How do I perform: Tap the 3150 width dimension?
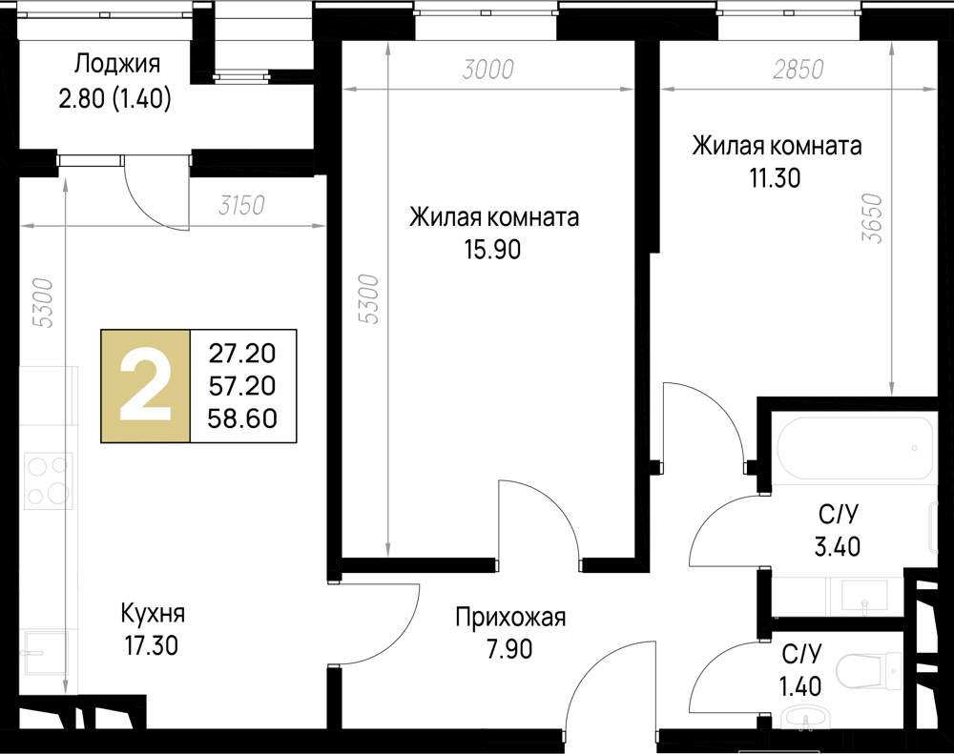(241, 206)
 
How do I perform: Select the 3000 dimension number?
(487, 70)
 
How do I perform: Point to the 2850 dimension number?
(798, 70)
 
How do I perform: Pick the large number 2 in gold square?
(145, 386)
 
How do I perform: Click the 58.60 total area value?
(242, 418)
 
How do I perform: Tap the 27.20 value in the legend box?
(242, 353)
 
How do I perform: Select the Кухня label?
(153, 613)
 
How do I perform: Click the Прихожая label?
(510, 618)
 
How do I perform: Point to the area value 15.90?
(493, 250)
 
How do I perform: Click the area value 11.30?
(775, 178)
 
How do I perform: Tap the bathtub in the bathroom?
(855, 448)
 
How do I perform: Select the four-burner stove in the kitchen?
(48, 480)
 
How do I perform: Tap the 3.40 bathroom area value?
(838, 546)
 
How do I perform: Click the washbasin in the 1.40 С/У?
(806, 718)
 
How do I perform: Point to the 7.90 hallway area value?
(509, 649)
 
